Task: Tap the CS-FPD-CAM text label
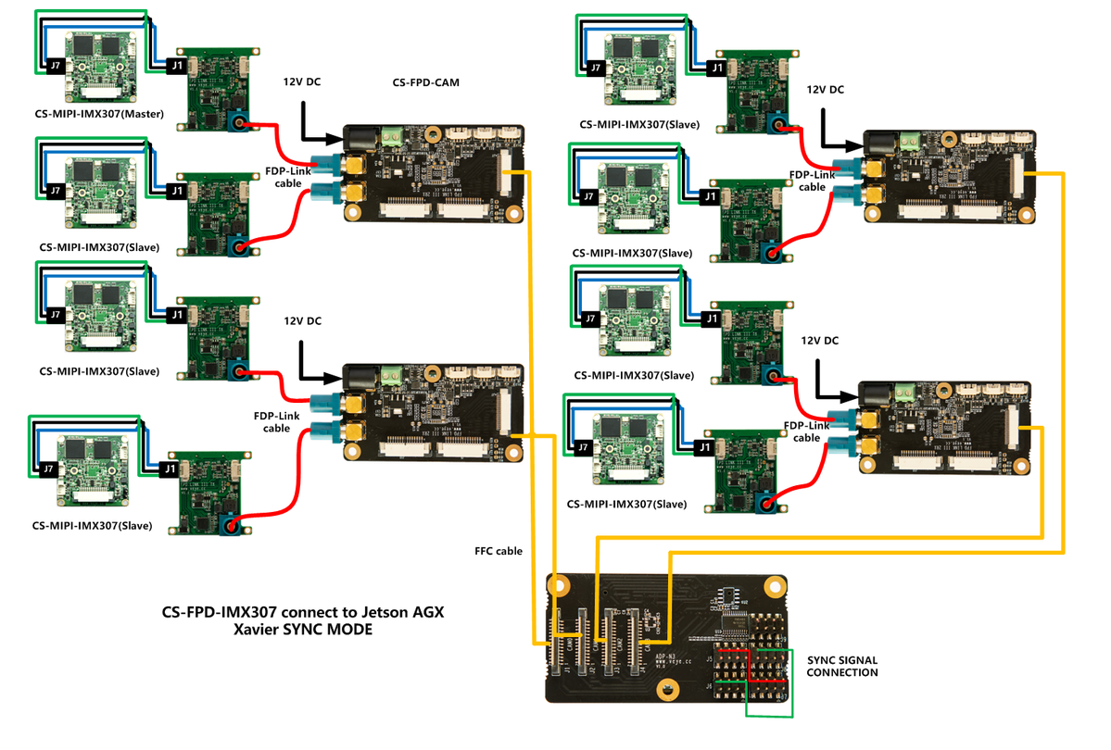click(426, 82)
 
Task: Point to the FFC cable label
click(499, 551)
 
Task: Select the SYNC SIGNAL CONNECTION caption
click(841, 666)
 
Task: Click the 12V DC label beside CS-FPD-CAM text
click(302, 82)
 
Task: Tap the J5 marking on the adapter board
click(710, 659)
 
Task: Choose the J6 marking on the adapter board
click(710, 686)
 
